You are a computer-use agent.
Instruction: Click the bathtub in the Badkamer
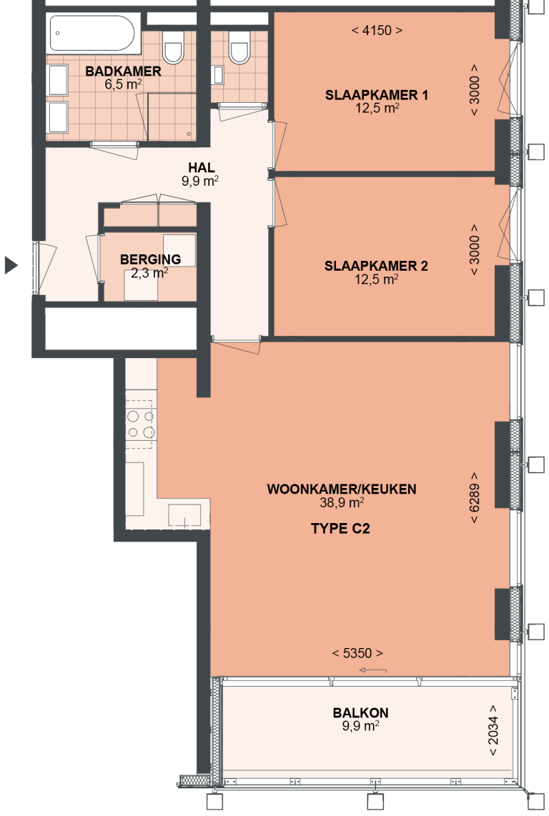point(91,33)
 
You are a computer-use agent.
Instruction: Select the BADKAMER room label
point(123,71)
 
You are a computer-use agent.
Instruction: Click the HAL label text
point(200,168)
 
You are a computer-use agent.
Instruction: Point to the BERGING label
point(150,259)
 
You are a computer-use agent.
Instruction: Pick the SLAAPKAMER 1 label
point(377,95)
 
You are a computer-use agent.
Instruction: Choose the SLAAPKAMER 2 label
point(376,267)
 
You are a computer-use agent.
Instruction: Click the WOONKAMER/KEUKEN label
point(342,489)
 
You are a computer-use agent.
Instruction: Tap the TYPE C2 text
point(340,529)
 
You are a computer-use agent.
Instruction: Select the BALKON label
point(360,712)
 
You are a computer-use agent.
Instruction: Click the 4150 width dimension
point(377,31)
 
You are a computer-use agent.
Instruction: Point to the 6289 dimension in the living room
point(475,498)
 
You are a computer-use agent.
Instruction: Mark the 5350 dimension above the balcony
point(357,653)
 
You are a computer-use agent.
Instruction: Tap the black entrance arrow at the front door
point(10,265)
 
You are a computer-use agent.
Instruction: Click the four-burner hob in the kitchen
point(140,424)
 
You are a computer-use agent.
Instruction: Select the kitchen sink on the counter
point(184,515)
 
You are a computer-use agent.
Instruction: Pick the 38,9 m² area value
point(342,502)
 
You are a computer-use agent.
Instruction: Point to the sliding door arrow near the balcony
point(372,670)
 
